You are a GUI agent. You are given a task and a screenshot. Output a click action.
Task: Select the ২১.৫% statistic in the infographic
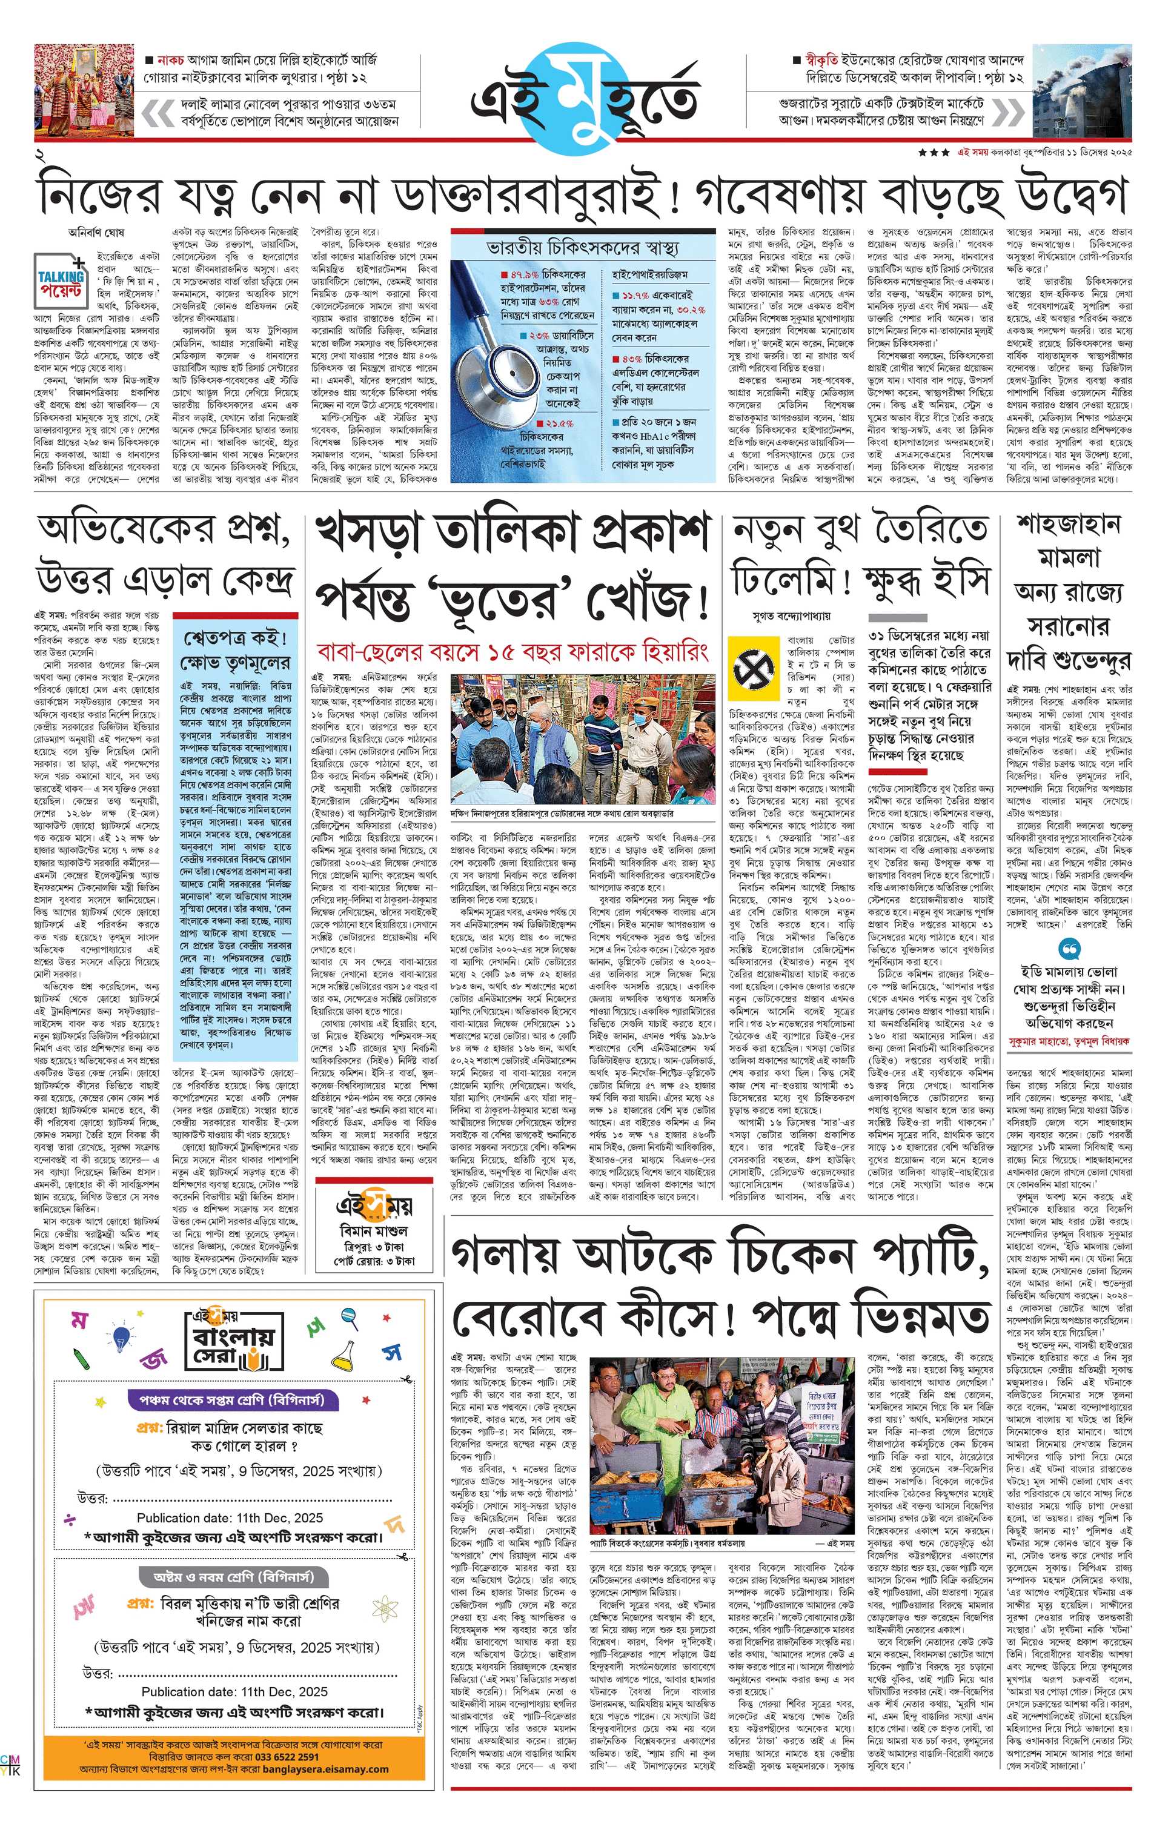tap(559, 423)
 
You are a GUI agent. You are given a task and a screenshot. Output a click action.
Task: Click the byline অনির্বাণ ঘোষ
tap(96, 233)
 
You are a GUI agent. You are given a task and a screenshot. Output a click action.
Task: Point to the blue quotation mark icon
tap(1069, 950)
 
